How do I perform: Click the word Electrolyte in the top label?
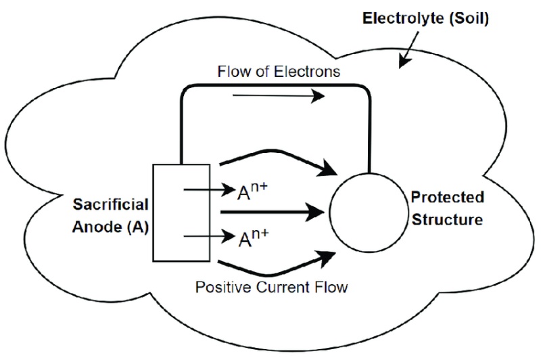click(402, 19)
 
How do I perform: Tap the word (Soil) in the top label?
click(469, 19)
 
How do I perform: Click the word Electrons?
click(307, 72)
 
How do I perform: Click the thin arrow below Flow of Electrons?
click(279, 95)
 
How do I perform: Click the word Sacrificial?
click(110, 204)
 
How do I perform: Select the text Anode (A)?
click(110, 227)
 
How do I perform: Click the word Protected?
click(448, 198)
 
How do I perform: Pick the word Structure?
click(448, 220)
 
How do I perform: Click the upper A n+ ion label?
click(252, 192)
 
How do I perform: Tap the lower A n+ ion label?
click(253, 238)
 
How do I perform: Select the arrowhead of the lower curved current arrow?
click(327, 259)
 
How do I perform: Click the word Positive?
click(224, 287)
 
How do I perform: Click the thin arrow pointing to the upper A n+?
click(209, 189)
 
